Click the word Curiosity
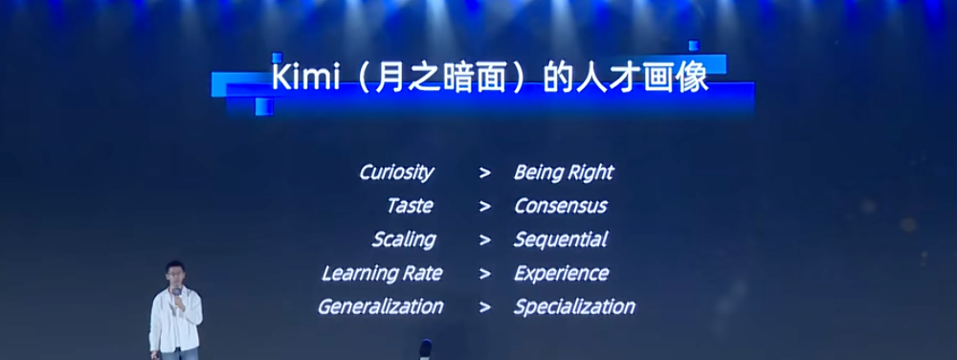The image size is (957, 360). pos(396,172)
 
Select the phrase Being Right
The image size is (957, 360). pos(563,172)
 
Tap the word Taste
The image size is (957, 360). pos(410,206)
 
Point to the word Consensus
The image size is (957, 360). pos(560,206)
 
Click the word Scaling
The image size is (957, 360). pos(403,239)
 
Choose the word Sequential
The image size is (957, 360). pos(560,239)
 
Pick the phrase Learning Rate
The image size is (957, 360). pos(382,273)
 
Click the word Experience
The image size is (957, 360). pos(562,273)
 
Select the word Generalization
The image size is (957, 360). pos(380,306)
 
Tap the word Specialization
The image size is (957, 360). pos(574,306)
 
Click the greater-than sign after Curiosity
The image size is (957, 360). pos(485,173)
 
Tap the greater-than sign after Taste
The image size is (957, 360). pos(485,207)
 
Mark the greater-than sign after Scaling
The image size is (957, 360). pos(485,240)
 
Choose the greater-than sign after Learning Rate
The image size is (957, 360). pos(485,274)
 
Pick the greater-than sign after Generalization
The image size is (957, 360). pos(485,307)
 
